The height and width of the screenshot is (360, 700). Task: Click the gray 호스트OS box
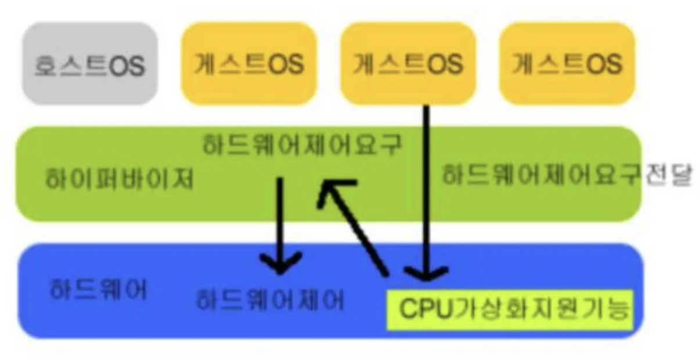click(x=89, y=64)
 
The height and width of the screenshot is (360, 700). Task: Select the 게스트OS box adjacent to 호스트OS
click(x=248, y=64)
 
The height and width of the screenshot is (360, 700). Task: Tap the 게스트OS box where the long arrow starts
click(x=407, y=64)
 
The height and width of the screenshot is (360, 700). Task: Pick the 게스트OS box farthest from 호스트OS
click(x=567, y=64)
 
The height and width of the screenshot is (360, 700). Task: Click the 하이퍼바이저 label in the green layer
click(x=119, y=180)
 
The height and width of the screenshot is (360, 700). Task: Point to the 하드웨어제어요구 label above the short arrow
click(x=301, y=145)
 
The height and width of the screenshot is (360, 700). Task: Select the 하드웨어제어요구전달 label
click(x=567, y=175)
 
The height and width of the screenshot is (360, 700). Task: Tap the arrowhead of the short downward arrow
click(x=280, y=264)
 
